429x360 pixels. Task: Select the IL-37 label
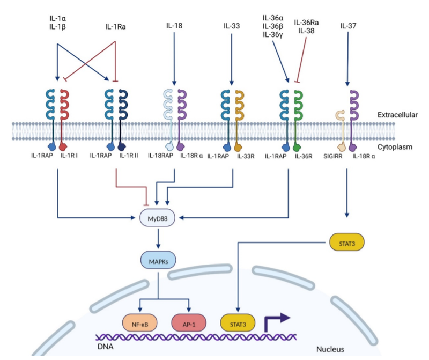[x=347, y=25]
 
